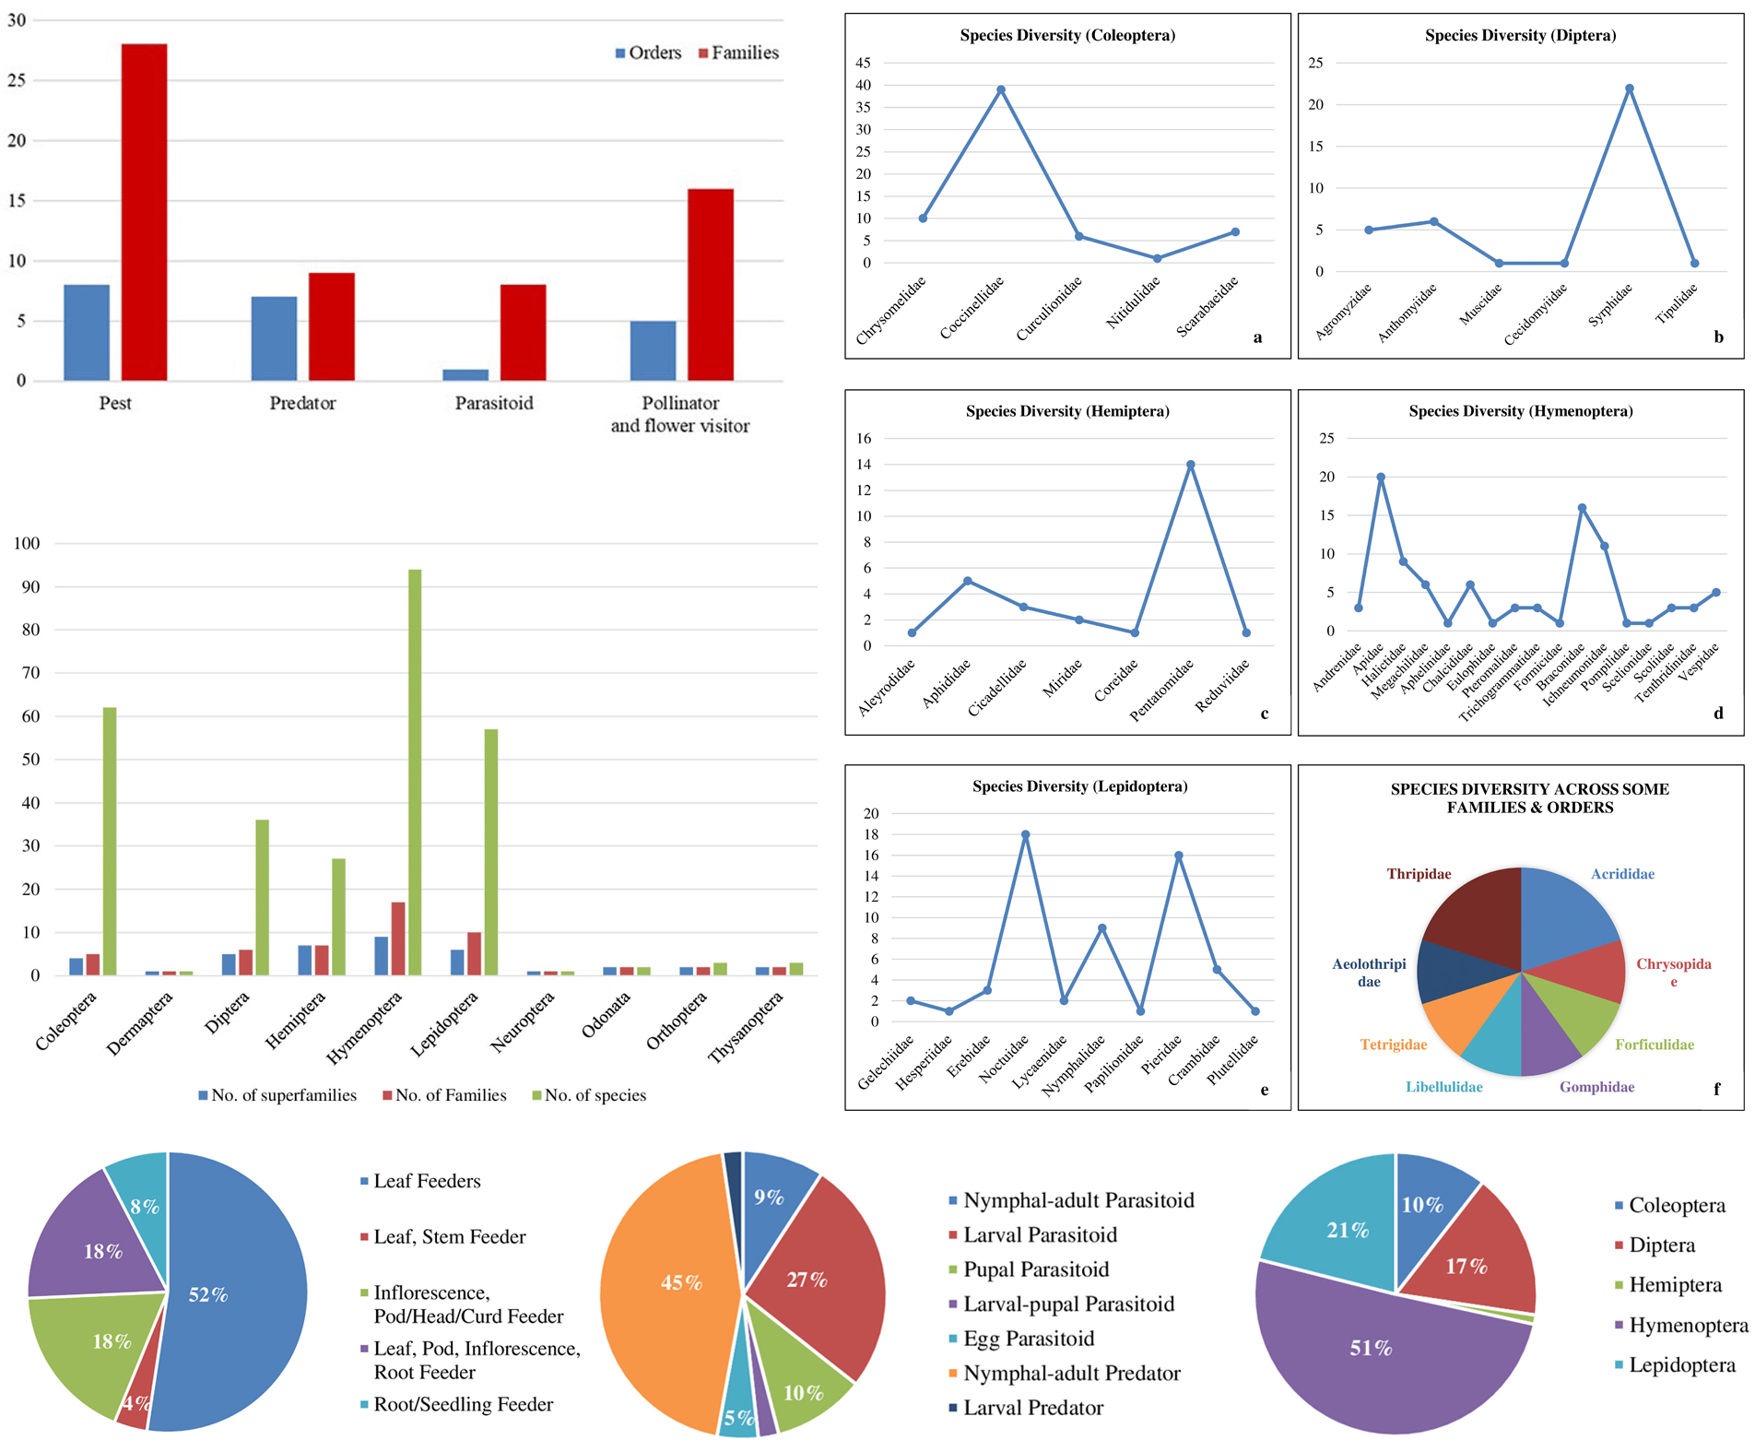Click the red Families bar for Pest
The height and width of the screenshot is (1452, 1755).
pyautogui.click(x=144, y=212)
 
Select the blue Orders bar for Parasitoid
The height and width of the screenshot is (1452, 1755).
pyautogui.click(x=465, y=374)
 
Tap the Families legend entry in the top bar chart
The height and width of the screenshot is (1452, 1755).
pyautogui.click(x=738, y=53)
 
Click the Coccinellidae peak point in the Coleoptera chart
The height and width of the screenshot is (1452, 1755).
pyautogui.click(x=1001, y=90)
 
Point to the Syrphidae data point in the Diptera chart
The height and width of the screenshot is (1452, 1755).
pyautogui.click(x=1630, y=89)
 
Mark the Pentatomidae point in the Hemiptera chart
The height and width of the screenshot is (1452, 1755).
pyautogui.click(x=1191, y=465)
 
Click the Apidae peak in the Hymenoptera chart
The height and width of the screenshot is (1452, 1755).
pyautogui.click(x=1381, y=478)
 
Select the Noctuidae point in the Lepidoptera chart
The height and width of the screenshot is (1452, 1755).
pyautogui.click(x=1025, y=834)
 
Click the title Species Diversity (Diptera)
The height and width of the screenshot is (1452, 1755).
pyautogui.click(x=1520, y=36)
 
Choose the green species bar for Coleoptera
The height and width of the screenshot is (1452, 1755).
pyautogui.click(x=110, y=841)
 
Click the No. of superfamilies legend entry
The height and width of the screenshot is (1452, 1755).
pyautogui.click(x=277, y=1095)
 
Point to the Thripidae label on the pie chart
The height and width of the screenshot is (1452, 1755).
pyautogui.click(x=1419, y=874)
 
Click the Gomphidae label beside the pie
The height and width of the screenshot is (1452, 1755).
pyautogui.click(x=1596, y=1087)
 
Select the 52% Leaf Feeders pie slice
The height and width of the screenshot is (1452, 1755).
pyautogui.click(x=230, y=1291)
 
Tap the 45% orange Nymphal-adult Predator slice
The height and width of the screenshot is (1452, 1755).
pyautogui.click(x=664, y=1281)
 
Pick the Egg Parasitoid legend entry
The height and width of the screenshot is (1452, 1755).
pyautogui.click(x=1028, y=1339)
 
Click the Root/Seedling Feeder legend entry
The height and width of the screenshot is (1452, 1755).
pyautogui.click(x=463, y=1404)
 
